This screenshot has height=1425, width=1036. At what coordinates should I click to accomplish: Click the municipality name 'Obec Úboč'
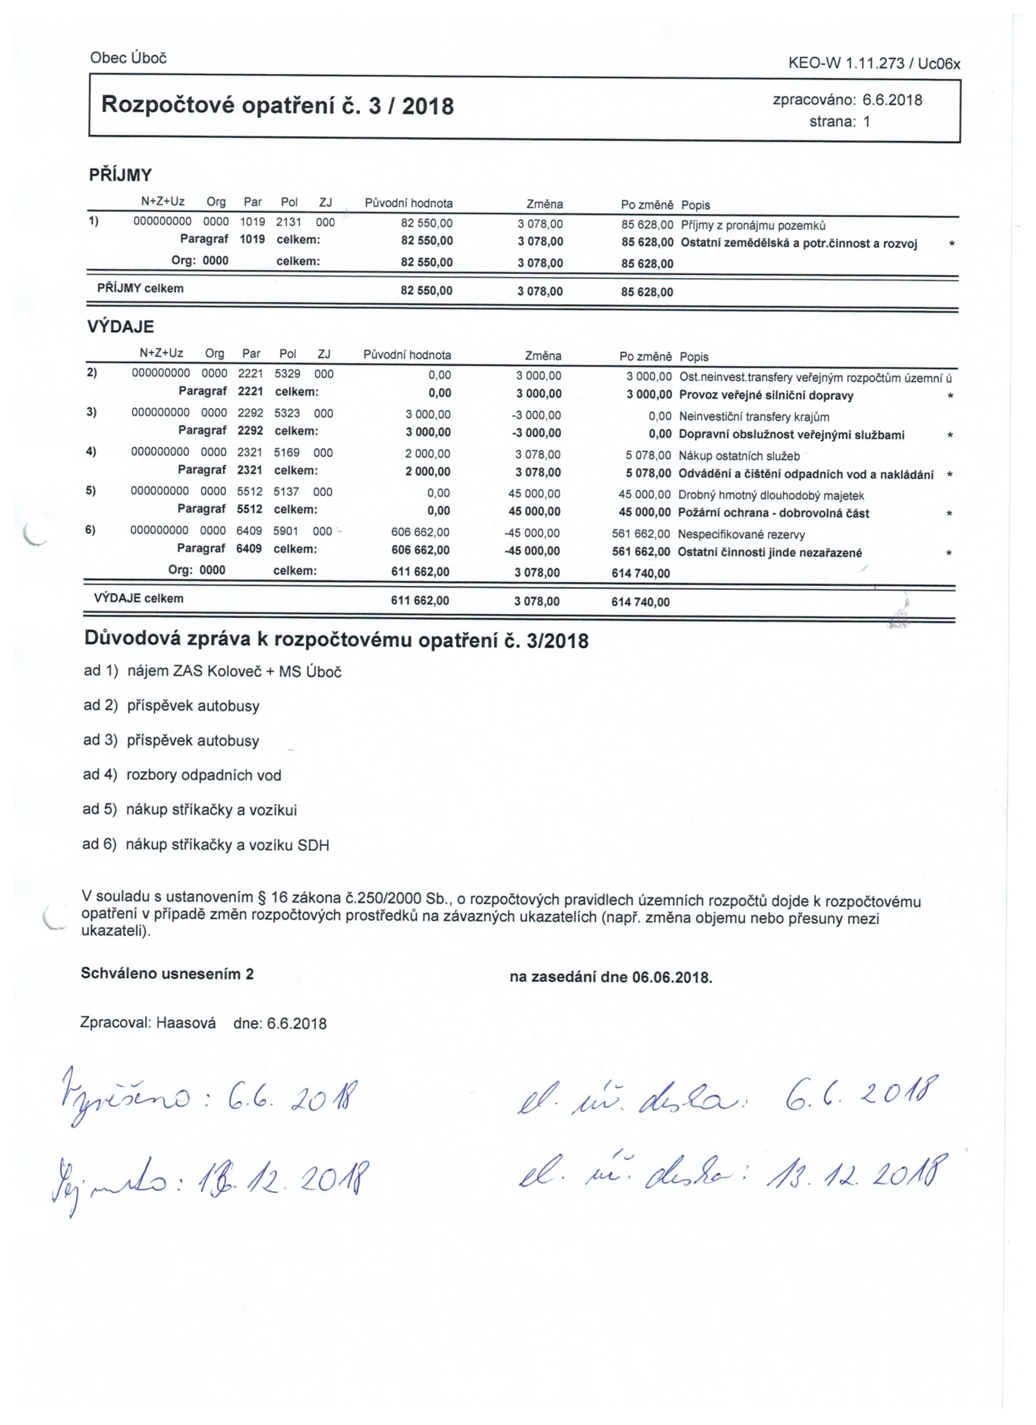128,58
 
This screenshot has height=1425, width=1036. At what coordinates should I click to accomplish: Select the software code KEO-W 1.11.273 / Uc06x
874,63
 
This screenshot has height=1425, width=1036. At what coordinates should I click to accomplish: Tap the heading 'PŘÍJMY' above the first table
121,176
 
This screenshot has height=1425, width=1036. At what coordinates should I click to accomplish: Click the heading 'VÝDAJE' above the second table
120,327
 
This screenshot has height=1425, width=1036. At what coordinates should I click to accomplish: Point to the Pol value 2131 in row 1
289,222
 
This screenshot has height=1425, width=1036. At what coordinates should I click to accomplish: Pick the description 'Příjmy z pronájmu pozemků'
753,225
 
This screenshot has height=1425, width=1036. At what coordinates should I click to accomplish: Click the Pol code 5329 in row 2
287,374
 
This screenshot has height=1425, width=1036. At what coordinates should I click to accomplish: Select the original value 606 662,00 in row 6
420,533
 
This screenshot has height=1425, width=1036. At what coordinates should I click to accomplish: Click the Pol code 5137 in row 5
286,492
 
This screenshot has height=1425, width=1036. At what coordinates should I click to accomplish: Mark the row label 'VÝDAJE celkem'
139,598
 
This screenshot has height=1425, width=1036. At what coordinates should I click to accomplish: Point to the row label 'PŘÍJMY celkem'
140,289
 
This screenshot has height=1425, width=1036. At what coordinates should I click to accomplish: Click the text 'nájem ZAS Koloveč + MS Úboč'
235,672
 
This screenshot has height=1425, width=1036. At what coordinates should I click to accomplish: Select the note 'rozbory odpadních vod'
204,775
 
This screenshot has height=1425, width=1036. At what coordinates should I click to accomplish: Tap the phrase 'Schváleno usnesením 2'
167,975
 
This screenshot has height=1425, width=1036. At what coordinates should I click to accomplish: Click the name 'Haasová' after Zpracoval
186,1023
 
